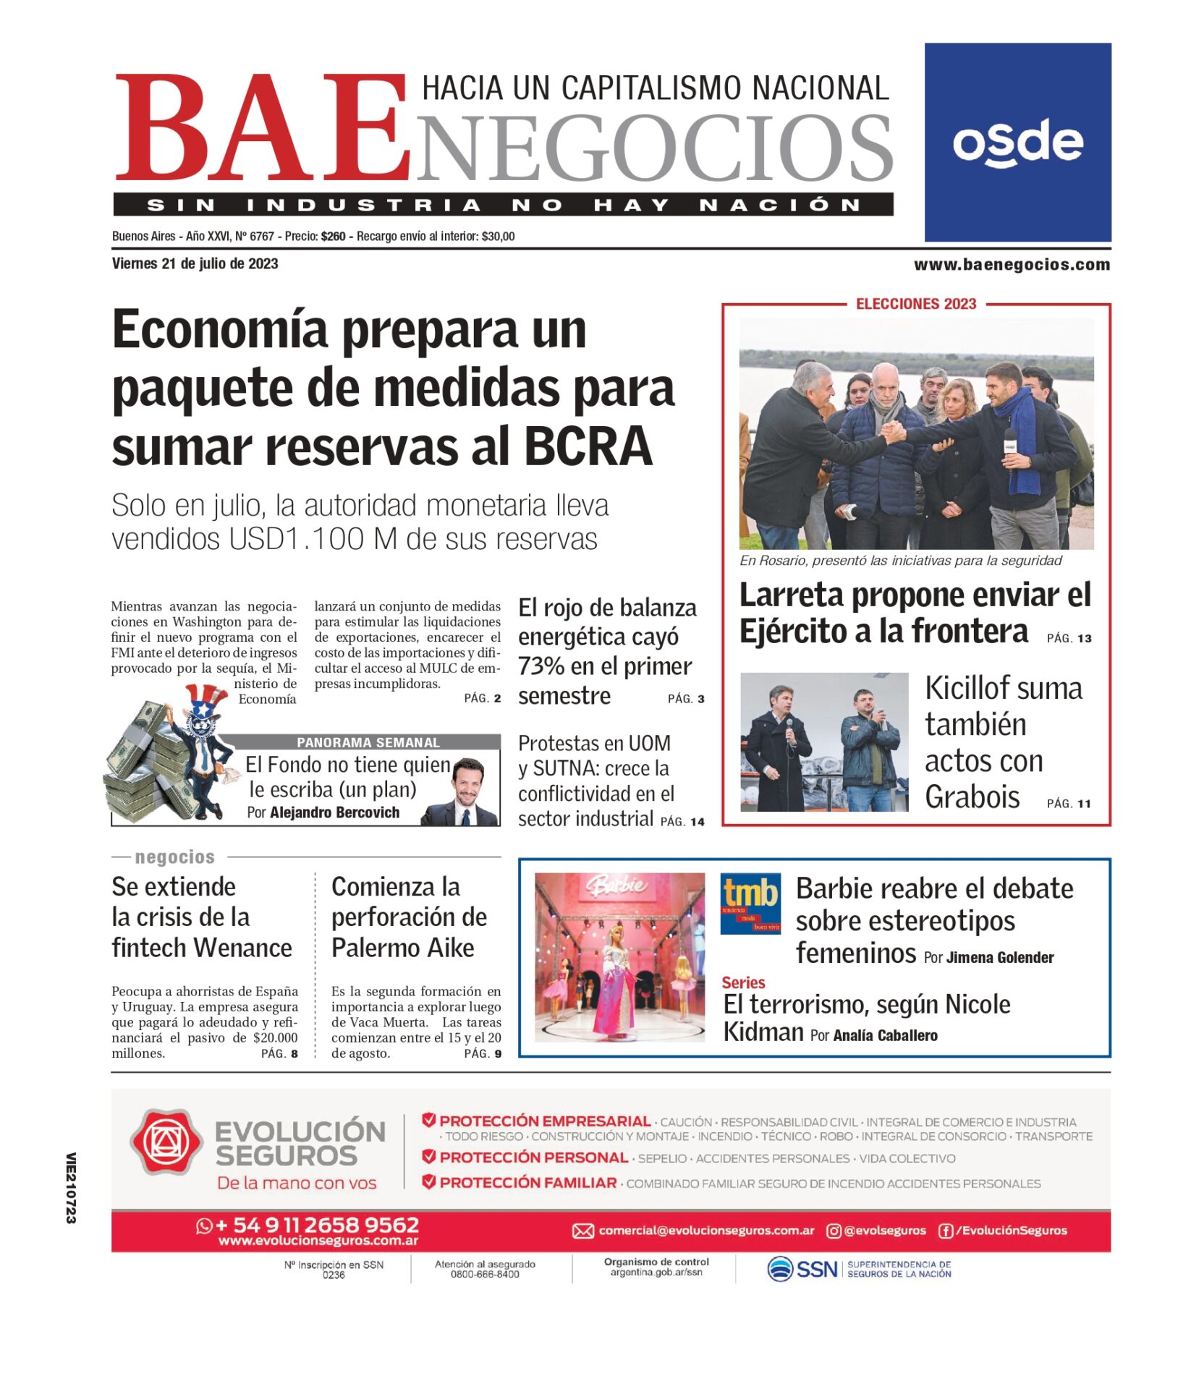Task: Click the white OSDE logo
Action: point(1017,143)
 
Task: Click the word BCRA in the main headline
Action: point(588,446)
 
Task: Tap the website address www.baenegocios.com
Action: point(1011,265)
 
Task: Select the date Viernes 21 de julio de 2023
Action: point(195,264)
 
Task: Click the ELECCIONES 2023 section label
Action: point(915,304)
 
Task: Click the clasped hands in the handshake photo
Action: point(895,433)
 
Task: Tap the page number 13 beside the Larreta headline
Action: point(1084,638)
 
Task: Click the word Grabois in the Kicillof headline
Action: point(972,797)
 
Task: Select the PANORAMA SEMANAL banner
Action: point(368,742)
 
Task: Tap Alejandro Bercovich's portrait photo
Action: point(467,791)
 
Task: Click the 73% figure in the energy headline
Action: point(546,666)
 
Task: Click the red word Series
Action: point(742,982)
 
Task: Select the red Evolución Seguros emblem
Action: point(166,1142)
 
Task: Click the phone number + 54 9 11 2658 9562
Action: point(317,1225)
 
